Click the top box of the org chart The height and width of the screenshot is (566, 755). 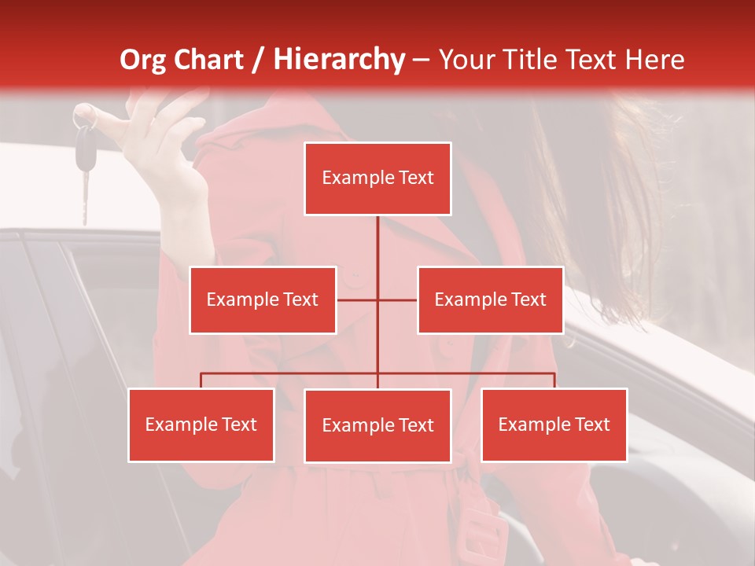(377, 178)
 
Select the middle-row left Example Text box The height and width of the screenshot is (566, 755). (263, 300)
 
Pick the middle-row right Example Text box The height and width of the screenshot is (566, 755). (490, 300)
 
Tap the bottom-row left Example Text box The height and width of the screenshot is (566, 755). (201, 424)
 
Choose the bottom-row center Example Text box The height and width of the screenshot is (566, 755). (377, 425)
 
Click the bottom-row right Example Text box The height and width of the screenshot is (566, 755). (554, 424)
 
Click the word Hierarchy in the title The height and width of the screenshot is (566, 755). (339, 60)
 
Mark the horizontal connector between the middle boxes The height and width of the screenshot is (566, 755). (377, 300)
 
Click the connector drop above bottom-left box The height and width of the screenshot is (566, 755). (201, 380)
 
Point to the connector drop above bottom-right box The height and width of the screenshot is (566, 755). (554, 380)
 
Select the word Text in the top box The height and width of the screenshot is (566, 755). (414, 178)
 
